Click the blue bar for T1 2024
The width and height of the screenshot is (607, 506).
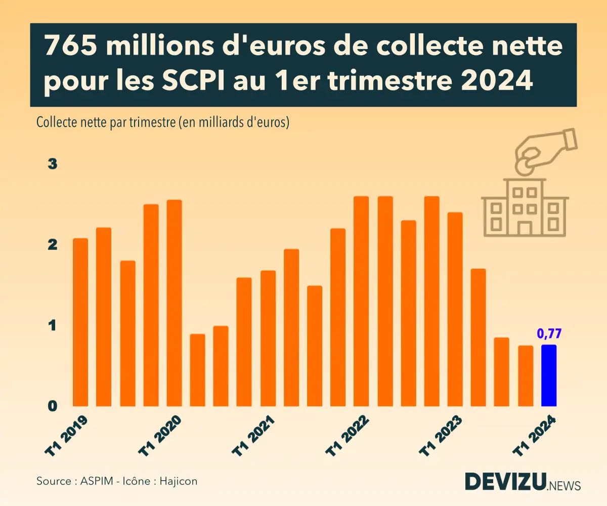click(549, 375)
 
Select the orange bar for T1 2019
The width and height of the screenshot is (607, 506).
click(80, 322)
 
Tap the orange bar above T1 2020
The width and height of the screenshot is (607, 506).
click(174, 303)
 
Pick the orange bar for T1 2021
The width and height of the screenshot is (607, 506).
click(268, 338)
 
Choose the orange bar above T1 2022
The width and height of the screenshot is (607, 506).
click(361, 301)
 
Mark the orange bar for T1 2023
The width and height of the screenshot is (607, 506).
click(455, 309)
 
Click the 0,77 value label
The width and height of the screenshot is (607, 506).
click(549, 333)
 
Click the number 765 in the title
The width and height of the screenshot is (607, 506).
click(70, 47)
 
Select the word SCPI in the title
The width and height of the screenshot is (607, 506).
click(192, 81)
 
